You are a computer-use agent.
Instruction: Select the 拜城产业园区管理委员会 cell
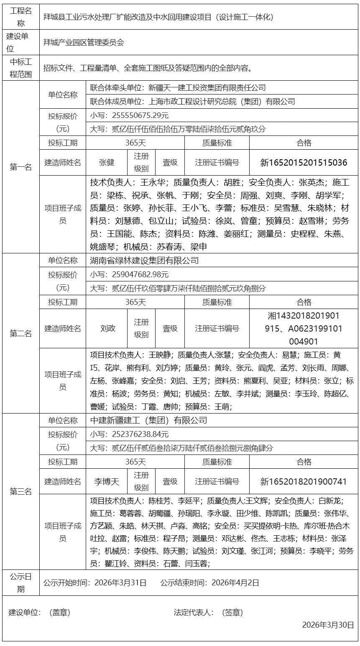click(x=84, y=42)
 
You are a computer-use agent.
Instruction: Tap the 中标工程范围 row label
click(x=21, y=68)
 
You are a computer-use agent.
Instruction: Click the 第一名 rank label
click(x=21, y=167)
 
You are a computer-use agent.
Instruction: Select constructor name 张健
click(x=107, y=162)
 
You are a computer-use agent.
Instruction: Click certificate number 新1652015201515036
click(x=304, y=162)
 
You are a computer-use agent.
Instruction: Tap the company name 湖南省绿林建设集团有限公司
click(x=145, y=260)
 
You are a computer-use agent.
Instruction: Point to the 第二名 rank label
click(x=21, y=333)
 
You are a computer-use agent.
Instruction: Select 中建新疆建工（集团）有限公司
click(x=149, y=420)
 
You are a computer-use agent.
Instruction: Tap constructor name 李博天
click(x=107, y=481)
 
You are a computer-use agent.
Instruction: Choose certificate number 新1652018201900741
click(x=304, y=481)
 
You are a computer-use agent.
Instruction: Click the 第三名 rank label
click(x=21, y=491)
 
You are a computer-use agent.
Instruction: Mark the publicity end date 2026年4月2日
click(x=235, y=582)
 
